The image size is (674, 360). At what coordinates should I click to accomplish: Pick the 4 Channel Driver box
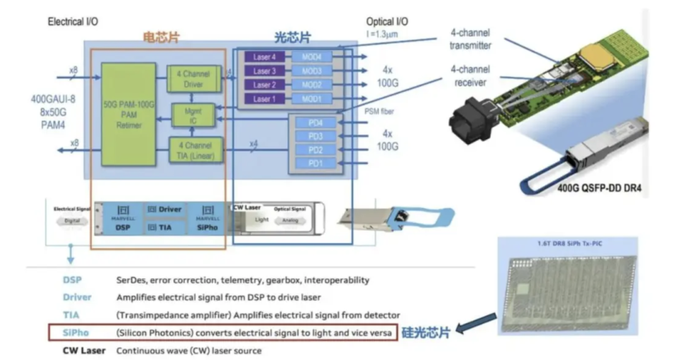193,79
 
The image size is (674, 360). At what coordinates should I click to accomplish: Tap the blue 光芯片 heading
293,37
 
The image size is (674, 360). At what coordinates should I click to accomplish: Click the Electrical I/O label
73,22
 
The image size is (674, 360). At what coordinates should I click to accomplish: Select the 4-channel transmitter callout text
471,39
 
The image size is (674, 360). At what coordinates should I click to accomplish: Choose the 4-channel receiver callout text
471,76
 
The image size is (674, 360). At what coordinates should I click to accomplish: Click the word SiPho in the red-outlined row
76,333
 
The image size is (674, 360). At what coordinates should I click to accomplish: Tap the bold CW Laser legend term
84,351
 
